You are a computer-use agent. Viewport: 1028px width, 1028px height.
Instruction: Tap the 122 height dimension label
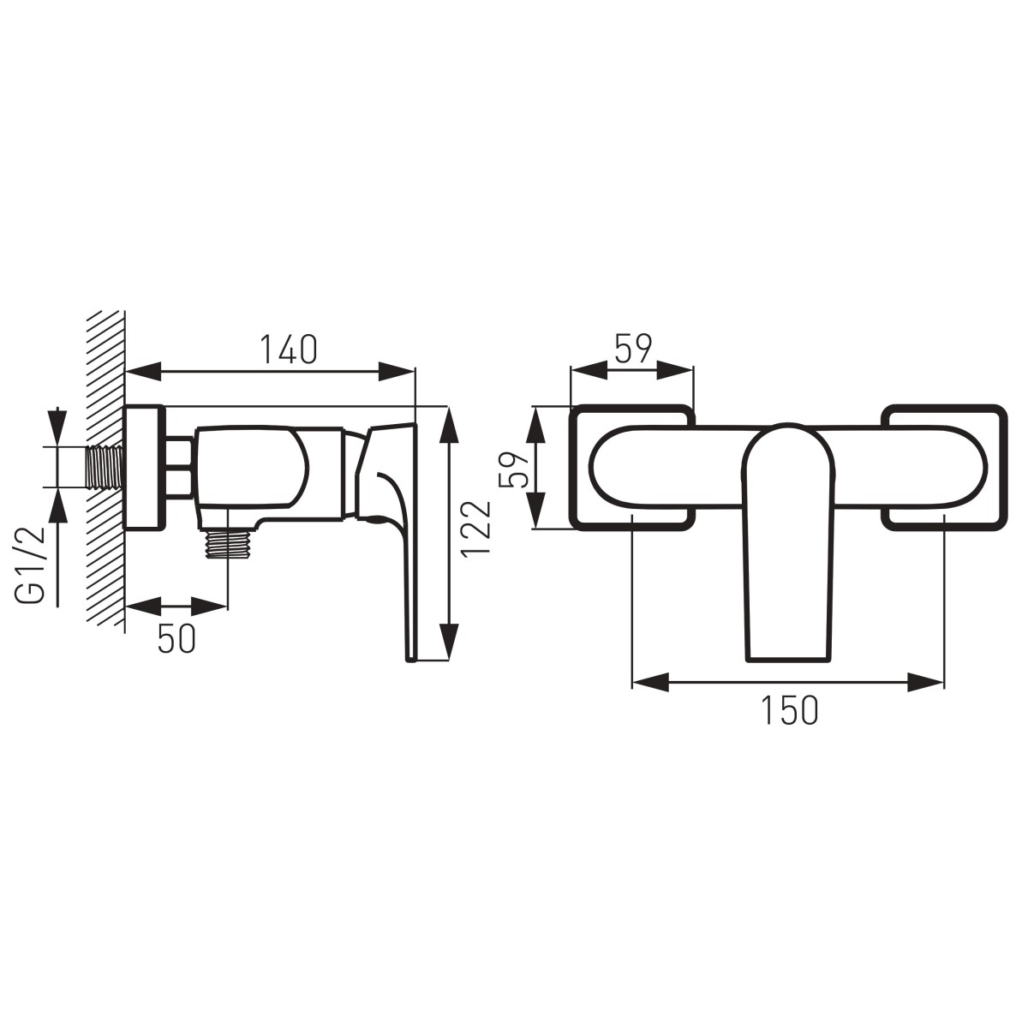click(x=475, y=529)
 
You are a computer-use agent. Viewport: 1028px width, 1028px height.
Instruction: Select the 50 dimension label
click(x=176, y=638)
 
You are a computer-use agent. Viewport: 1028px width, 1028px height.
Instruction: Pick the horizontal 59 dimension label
click(x=633, y=350)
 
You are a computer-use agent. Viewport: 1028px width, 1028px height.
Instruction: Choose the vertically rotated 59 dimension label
click(x=513, y=469)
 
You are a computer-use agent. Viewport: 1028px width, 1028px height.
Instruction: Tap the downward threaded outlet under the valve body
click(x=229, y=542)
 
